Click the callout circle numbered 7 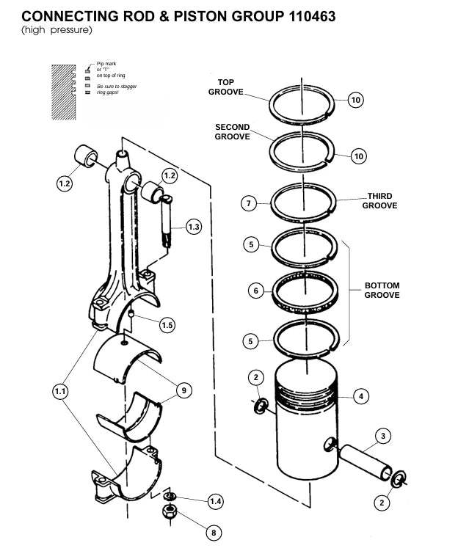click(250, 203)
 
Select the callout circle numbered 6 click(255, 291)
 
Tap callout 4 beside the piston click(360, 397)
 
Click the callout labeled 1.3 click(193, 227)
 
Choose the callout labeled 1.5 click(167, 325)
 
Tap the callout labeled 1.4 click(215, 501)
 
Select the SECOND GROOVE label click(232, 132)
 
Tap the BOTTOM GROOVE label click(382, 290)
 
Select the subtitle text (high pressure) click(57, 29)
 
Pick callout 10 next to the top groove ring click(355, 101)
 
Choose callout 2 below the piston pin click(381, 503)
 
